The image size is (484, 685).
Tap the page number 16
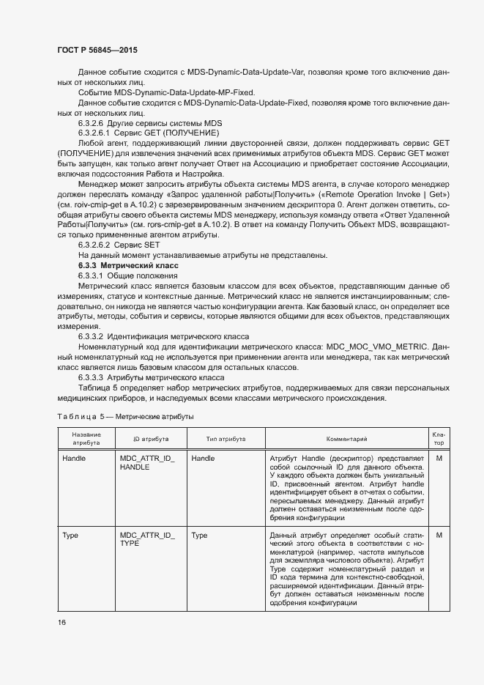click(62, 622)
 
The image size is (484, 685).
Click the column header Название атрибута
click(86, 439)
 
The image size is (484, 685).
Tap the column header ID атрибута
click(151, 439)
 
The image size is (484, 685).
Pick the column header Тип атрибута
click(226, 439)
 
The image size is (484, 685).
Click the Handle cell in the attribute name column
click(75, 459)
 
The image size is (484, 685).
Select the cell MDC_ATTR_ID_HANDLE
click(147, 463)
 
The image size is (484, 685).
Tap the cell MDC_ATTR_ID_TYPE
click(147, 541)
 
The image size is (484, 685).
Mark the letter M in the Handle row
click(439, 459)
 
